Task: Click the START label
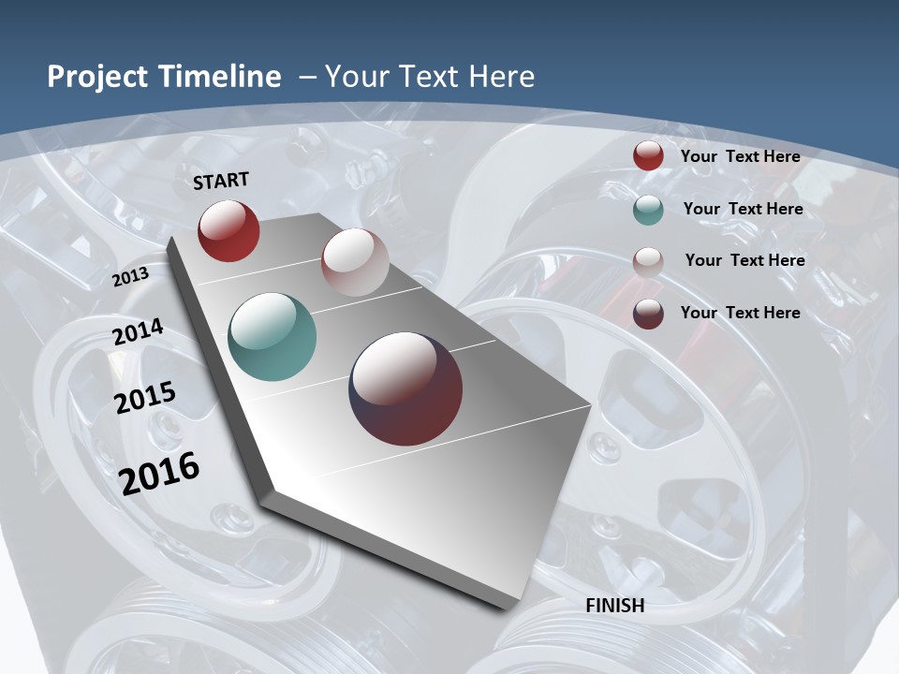click(x=221, y=180)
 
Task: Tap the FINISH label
click(x=615, y=606)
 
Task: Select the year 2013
click(x=130, y=276)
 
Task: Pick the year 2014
click(x=139, y=332)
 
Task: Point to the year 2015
click(x=145, y=397)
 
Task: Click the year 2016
click(x=159, y=473)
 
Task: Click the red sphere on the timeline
click(x=228, y=230)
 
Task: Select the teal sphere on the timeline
click(x=273, y=337)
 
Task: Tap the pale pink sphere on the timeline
click(x=355, y=262)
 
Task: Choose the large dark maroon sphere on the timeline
click(x=405, y=388)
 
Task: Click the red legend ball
click(x=648, y=156)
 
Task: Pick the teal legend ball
click(x=648, y=210)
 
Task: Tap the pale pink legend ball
click(x=648, y=262)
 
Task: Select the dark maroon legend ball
click(x=648, y=314)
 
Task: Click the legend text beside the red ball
click(x=740, y=156)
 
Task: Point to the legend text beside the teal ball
click(x=743, y=209)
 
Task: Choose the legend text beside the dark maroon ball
click(x=740, y=313)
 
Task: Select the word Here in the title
click(x=501, y=77)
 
